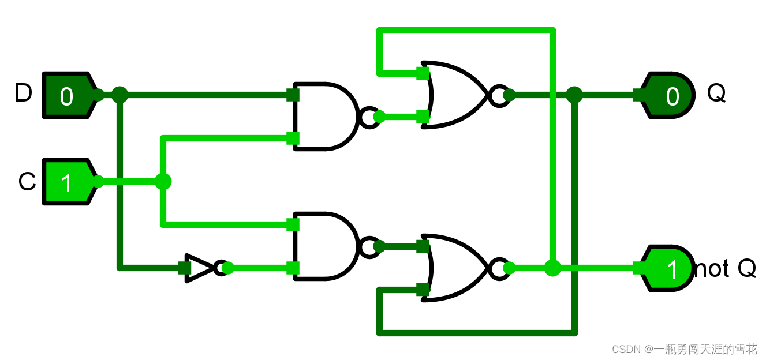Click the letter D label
(x=23, y=93)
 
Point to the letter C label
(x=27, y=182)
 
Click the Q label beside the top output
(x=716, y=93)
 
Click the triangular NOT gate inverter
(x=199, y=268)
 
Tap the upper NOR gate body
(x=456, y=95)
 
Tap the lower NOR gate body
(x=456, y=268)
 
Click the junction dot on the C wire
(x=163, y=182)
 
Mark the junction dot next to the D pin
(x=119, y=95)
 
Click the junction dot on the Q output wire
(x=574, y=95)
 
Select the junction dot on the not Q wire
(x=552, y=268)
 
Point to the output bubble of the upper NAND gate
(x=369, y=117)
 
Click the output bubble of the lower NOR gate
(x=498, y=268)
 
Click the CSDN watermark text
(x=684, y=349)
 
